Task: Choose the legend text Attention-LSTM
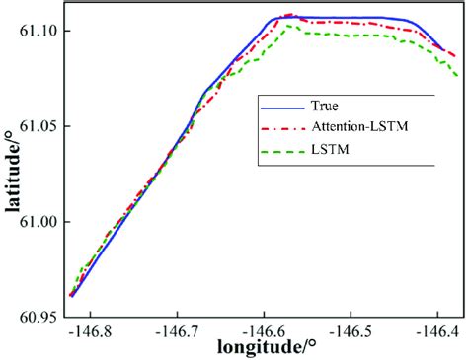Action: pos(361,128)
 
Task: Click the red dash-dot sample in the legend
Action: pos(279,128)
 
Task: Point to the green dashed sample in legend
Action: pos(279,151)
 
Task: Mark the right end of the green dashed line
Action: pos(458,76)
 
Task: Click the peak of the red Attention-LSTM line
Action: pos(289,15)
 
